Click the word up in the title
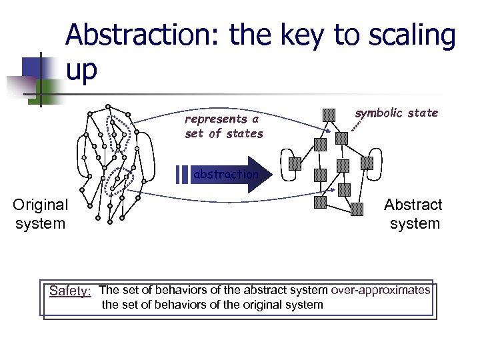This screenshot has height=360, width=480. [x=81, y=69]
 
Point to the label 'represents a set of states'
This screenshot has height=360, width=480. [x=223, y=126]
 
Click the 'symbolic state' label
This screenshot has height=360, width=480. [x=396, y=113]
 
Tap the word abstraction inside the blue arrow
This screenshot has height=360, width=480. [x=225, y=175]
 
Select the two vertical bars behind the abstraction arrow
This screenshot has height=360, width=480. [x=181, y=175]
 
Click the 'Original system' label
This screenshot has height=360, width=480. [x=40, y=214]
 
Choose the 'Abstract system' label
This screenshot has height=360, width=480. [x=413, y=214]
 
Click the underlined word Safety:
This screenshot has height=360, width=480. [x=70, y=291]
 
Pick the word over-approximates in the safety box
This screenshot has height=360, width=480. [x=381, y=290]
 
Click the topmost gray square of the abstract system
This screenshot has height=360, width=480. [x=329, y=115]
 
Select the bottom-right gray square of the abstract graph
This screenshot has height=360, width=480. [x=359, y=207]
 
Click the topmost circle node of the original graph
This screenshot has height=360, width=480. [x=108, y=107]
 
